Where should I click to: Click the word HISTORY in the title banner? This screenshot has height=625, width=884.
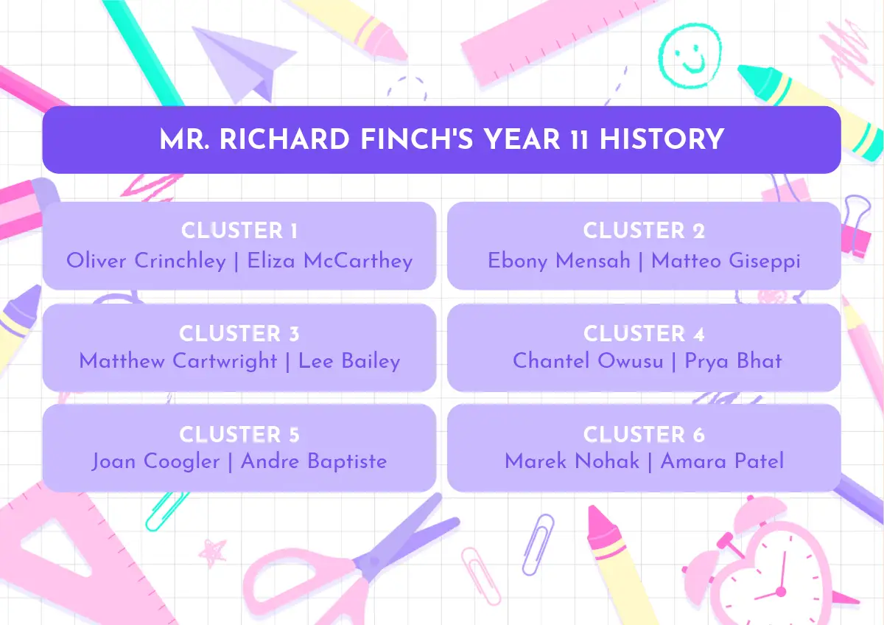[x=662, y=139]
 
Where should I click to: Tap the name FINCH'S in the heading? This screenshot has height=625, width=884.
[x=417, y=139]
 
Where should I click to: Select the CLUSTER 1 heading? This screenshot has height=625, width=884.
[x=239, y=230]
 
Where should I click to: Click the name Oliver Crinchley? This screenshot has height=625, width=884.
[x=146, y=261]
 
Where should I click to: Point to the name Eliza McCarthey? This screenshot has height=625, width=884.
[x=330, y=261]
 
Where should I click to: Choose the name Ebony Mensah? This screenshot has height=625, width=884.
[x=559, y=261]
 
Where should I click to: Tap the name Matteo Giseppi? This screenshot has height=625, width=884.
[x=726, y=261]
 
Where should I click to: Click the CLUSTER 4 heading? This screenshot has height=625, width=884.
[x=644, y=334]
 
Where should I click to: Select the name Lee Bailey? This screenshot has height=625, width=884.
[x=349, y=361]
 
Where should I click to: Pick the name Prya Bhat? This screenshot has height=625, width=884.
[x=733, y=361]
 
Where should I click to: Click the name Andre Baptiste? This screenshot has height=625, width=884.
[x=314, y=461]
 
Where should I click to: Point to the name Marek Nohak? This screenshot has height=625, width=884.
[x=572, y=461]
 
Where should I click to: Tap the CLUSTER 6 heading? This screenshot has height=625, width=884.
[x=644, y=434]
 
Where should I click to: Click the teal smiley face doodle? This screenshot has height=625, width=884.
[x=690, y=55]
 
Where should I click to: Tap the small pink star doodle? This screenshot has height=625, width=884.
[x=213, y=552]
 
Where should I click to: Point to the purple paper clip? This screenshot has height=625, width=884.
[x=538, y=544]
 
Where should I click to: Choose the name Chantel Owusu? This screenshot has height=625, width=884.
[x=588, y=361]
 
